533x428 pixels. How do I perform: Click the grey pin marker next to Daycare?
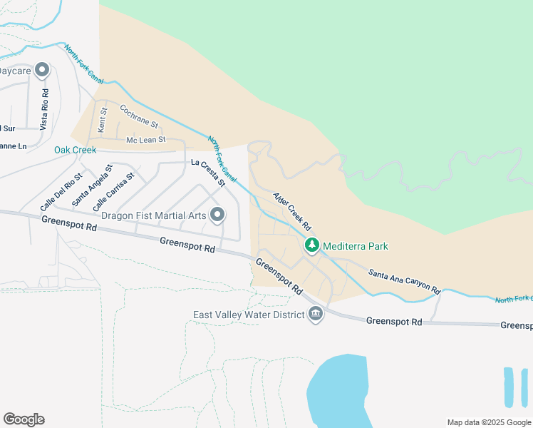pos(42,70)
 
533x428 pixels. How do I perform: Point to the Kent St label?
pos(102,119)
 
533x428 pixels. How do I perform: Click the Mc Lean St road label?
pos(145,140)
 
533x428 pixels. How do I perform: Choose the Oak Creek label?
pos(75,151)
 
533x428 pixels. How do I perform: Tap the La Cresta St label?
pos(207,173)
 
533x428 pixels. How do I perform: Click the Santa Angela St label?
pos(92,187)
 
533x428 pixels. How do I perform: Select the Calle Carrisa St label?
pos(118,190)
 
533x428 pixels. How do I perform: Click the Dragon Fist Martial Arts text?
pos(153,215)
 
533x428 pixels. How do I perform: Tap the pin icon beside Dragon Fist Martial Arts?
pos(217,214)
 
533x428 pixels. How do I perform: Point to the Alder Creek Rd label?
pos(293,210)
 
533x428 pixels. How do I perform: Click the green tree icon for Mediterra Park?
pos(312,246)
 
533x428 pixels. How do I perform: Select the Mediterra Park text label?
pos(355,246)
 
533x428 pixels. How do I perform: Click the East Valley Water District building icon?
pos(316,315)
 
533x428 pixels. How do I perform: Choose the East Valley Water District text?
pos(249,315)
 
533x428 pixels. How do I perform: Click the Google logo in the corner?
pos(24,419)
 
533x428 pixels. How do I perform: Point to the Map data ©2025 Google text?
pos(487,422)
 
